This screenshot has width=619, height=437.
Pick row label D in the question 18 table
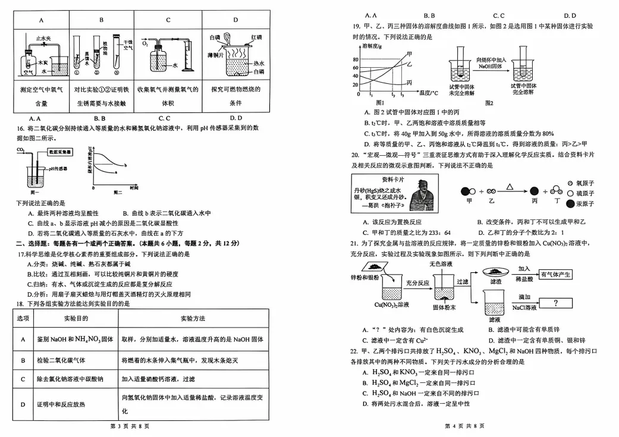[23, 404]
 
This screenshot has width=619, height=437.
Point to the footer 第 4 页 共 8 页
[464, 426]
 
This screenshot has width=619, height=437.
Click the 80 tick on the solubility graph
[356, 60]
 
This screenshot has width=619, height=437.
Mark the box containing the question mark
[556, 303]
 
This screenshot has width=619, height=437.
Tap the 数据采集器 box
[61, 153]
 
